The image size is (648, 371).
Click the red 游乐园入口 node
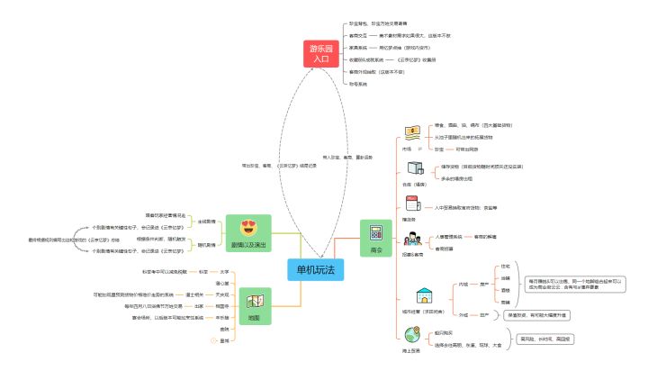321,53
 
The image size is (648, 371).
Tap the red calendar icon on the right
411,204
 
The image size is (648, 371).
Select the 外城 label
463,315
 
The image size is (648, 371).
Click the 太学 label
224,246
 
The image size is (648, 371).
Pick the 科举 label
203,246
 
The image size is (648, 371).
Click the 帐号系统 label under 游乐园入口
357,83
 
